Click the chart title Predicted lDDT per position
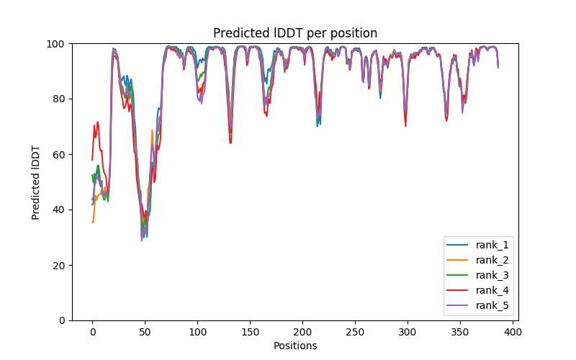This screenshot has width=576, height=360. (x=295, y=33)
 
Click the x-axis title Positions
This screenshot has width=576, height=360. (x=295, y=346)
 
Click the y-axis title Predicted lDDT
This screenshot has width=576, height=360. (x=36, y=182)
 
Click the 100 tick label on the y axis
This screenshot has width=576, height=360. (x=55, y=44)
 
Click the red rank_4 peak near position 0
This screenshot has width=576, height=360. (x=95, y=125)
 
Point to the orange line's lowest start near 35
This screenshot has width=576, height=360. (x=93, y=222)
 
